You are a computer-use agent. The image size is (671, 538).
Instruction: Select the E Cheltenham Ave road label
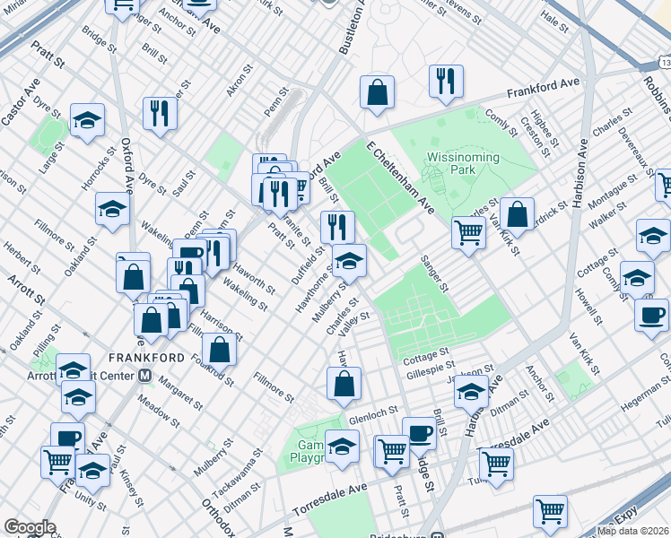pos(401,177)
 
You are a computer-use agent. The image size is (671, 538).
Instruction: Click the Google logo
pos(29,527)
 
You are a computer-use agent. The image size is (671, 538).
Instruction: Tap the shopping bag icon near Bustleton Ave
pos(378,91)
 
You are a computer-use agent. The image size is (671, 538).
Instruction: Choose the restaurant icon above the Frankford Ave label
pos(445,80)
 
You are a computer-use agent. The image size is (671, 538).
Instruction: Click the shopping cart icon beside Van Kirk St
pos(468,231)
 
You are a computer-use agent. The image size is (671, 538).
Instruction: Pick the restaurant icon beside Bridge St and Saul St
pos(159,112)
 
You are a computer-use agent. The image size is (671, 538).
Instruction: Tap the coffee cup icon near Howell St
pos(651,314)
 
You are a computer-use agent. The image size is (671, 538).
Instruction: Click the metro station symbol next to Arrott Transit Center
pos(144,375)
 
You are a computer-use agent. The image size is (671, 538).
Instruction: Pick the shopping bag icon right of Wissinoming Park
pos(517,213)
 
